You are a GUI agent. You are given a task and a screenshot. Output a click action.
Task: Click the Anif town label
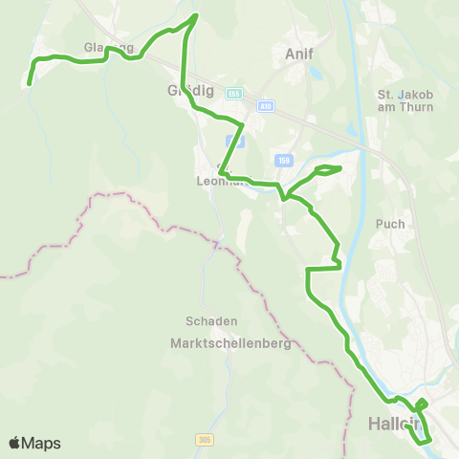pos(300,55)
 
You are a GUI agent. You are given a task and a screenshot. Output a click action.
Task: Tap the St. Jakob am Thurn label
pos(405,100)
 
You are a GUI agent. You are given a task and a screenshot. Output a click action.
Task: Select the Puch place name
pos(391,224)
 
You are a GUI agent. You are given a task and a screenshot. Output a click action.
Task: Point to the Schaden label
pos(212,321)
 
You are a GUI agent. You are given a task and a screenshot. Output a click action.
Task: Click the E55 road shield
pos(234,93)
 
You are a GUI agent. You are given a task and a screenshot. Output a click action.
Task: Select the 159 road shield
pos(281,160)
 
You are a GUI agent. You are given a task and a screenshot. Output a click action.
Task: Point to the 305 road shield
pos(203,440)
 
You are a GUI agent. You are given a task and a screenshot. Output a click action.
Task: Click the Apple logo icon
pos(15,443)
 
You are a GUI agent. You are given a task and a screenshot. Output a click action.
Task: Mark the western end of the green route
pos(29,84)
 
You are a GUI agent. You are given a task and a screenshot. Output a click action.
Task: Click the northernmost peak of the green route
pos(196,15)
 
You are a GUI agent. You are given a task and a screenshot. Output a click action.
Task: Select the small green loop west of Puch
pos(326,170)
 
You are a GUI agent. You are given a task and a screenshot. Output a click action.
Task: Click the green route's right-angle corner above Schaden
pos(307,271)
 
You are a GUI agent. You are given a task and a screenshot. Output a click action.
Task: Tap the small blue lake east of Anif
pos(347,131)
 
